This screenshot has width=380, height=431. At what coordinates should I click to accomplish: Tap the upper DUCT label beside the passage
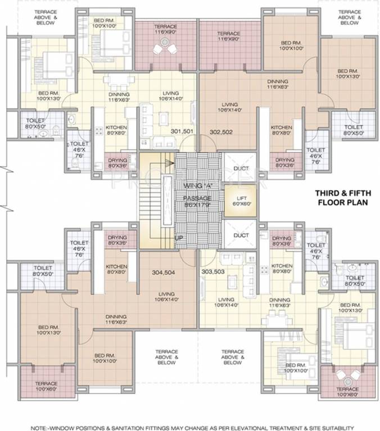click(241, 168)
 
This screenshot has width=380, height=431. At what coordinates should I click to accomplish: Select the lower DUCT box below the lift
click(241, 235)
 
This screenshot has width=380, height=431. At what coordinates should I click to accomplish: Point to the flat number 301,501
click(182, 131)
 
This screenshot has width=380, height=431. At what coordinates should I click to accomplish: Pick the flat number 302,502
click(221, 132)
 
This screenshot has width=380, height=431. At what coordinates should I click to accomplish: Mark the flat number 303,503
click(213, 272)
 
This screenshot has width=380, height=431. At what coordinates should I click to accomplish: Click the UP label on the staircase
click(179, 238)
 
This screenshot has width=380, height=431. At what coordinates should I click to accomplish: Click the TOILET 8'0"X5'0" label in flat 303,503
click(355, 281)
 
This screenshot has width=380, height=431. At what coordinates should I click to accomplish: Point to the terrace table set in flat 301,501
click(163, 49)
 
